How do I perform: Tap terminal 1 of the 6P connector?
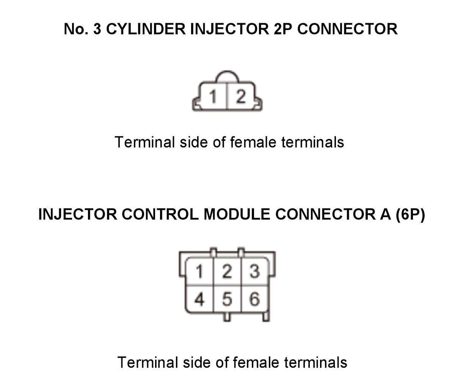click(x=199, y=271)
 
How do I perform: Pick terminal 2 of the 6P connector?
click(x=227, y=271)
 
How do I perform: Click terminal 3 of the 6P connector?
click(x=254, y=271)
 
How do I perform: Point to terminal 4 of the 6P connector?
click(x=199, y=299)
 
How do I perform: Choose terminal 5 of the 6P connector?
click(x=227, y=299)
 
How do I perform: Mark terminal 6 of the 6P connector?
click(x=254, y=299)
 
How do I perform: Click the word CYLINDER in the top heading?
click(x=146, y=29)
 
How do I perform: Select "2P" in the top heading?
click(x=282, y=29)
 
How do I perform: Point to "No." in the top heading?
click(x=76, y=29)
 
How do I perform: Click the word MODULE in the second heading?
click(x=237, y=214)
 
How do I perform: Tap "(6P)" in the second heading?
click(x=410, y=214)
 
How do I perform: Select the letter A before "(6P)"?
click(x=385, y=214)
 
